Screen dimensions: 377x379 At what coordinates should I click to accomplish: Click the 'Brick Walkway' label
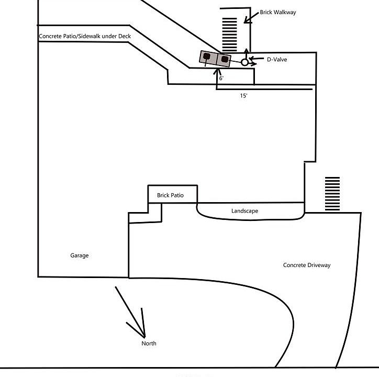click(278, 12)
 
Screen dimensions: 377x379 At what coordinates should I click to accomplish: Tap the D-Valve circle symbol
click(244, 62)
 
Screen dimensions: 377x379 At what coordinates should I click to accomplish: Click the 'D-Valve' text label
click(277, 60)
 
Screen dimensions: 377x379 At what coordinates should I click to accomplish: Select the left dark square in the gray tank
click(207, 56)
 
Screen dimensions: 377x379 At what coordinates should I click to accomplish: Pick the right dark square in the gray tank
click(224, 59)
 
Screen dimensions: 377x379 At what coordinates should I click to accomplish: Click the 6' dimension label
click(221, 78)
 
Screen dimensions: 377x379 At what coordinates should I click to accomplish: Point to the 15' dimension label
click(243, 96)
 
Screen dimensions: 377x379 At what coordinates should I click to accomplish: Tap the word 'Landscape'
click(245, 211)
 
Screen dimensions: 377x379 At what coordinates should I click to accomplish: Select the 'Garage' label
click(80, 256)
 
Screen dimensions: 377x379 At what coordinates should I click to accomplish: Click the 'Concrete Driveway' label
click(307, 265)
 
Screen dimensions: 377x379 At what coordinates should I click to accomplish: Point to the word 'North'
click(149, 343)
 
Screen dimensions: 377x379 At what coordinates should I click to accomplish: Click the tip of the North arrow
click(143, 335)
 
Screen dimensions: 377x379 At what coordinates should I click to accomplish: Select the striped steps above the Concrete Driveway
click(332, 194)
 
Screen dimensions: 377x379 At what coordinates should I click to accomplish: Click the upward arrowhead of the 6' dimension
click(216, 70)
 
